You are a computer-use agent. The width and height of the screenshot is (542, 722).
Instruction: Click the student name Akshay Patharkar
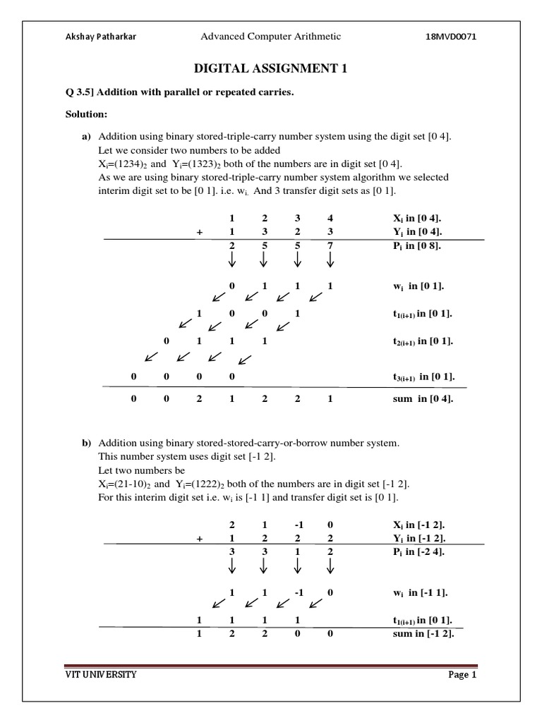coord(100,37)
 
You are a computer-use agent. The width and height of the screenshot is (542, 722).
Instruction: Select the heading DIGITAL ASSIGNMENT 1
coord(270,68)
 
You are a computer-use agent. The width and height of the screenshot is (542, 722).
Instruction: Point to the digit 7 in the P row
coord(330,246)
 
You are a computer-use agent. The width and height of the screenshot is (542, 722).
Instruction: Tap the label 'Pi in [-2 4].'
coord(414,552)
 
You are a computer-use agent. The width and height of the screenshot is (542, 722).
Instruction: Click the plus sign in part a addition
coord(200,232)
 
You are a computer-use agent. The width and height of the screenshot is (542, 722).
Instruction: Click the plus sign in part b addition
coord(200,538)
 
